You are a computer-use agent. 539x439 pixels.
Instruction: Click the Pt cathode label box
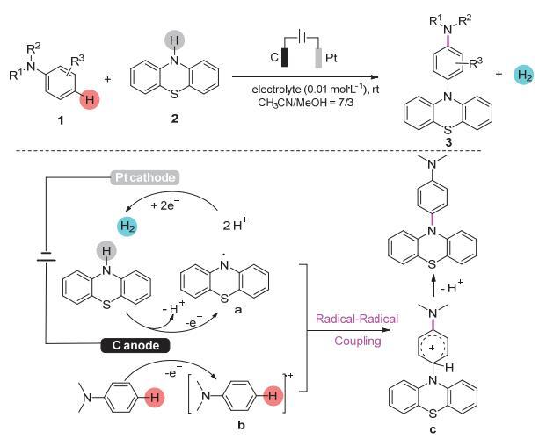pos(144,178)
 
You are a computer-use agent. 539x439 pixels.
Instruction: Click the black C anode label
pos(135,345)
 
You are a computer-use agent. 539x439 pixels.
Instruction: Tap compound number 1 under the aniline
pos(61,120)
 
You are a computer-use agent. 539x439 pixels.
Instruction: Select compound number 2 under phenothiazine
pos(175,119)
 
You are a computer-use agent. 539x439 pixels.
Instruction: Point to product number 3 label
pos(448,142)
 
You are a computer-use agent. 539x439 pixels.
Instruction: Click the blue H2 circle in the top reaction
pos(523,76)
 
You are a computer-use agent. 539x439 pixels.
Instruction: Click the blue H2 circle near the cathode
pos(127,227)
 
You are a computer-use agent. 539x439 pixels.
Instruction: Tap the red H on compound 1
pos(89,100)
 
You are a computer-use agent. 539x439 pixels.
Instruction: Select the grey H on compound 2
pos(175,40)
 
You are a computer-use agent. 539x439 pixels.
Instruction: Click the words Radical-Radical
pos(357,319)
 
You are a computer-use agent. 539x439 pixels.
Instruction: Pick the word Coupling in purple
pos(358,341)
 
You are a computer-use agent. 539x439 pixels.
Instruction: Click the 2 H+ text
pos(236,225)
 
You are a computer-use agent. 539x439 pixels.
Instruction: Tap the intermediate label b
pos(241,425)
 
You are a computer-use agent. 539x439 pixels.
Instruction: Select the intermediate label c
pos(433,429)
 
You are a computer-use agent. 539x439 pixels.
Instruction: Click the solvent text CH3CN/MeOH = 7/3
pos(306,102)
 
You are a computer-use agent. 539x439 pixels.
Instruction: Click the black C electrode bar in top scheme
pos(285,57)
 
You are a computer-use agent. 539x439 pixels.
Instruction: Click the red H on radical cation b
pos(273,396)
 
